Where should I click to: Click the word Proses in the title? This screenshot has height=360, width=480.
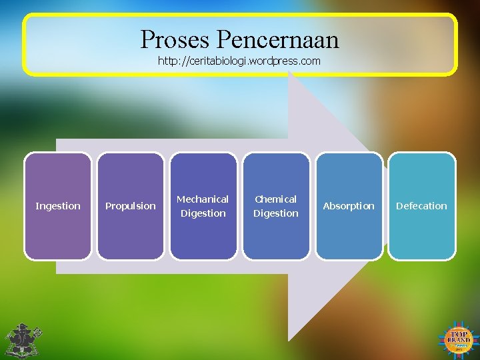coord(175,40)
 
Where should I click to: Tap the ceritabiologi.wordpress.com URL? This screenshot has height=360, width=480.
coord(239,61)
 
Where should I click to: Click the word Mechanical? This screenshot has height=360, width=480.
coord(203,199)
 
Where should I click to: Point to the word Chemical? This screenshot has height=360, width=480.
coord(276,199)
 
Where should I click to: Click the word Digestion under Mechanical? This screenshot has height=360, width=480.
coord(203,213)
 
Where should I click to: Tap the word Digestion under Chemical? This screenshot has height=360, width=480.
coord(276,213)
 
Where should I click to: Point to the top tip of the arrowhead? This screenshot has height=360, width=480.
coord(290,73)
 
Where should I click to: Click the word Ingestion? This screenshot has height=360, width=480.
coord(57,206)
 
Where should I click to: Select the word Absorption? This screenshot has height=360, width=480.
coord(349,206)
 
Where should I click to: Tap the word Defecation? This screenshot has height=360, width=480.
coord(421,206)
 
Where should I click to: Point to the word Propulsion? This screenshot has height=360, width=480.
coord(131,206)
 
